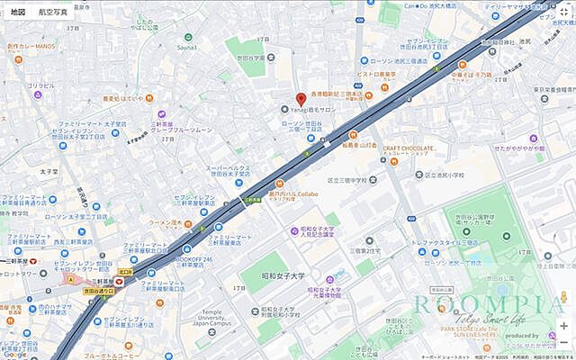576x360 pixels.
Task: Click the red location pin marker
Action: point(301,99)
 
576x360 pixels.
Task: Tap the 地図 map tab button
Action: point(18,13)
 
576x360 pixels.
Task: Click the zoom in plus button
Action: point(563,326)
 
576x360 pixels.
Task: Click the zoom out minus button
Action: point(563,343)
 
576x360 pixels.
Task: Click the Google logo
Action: point(15,354)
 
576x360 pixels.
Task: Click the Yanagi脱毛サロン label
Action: point(316,111)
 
